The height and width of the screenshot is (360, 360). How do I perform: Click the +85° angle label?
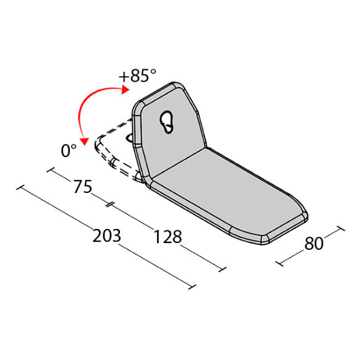(x=139, y=76)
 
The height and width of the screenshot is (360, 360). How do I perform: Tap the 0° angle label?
(x=68, y=150)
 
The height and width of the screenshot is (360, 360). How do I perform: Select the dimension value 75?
(x=82, y=187)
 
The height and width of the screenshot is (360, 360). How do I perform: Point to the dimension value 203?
(x=106, y=236)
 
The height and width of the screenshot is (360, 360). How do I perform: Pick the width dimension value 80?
(x=314, y=244)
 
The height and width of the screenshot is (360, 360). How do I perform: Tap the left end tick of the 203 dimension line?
(x=23, y=187)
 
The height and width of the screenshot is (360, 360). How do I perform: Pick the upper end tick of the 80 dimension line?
(x=340, y=229)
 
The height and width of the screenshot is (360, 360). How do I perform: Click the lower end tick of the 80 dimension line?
(x=280, y=264)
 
